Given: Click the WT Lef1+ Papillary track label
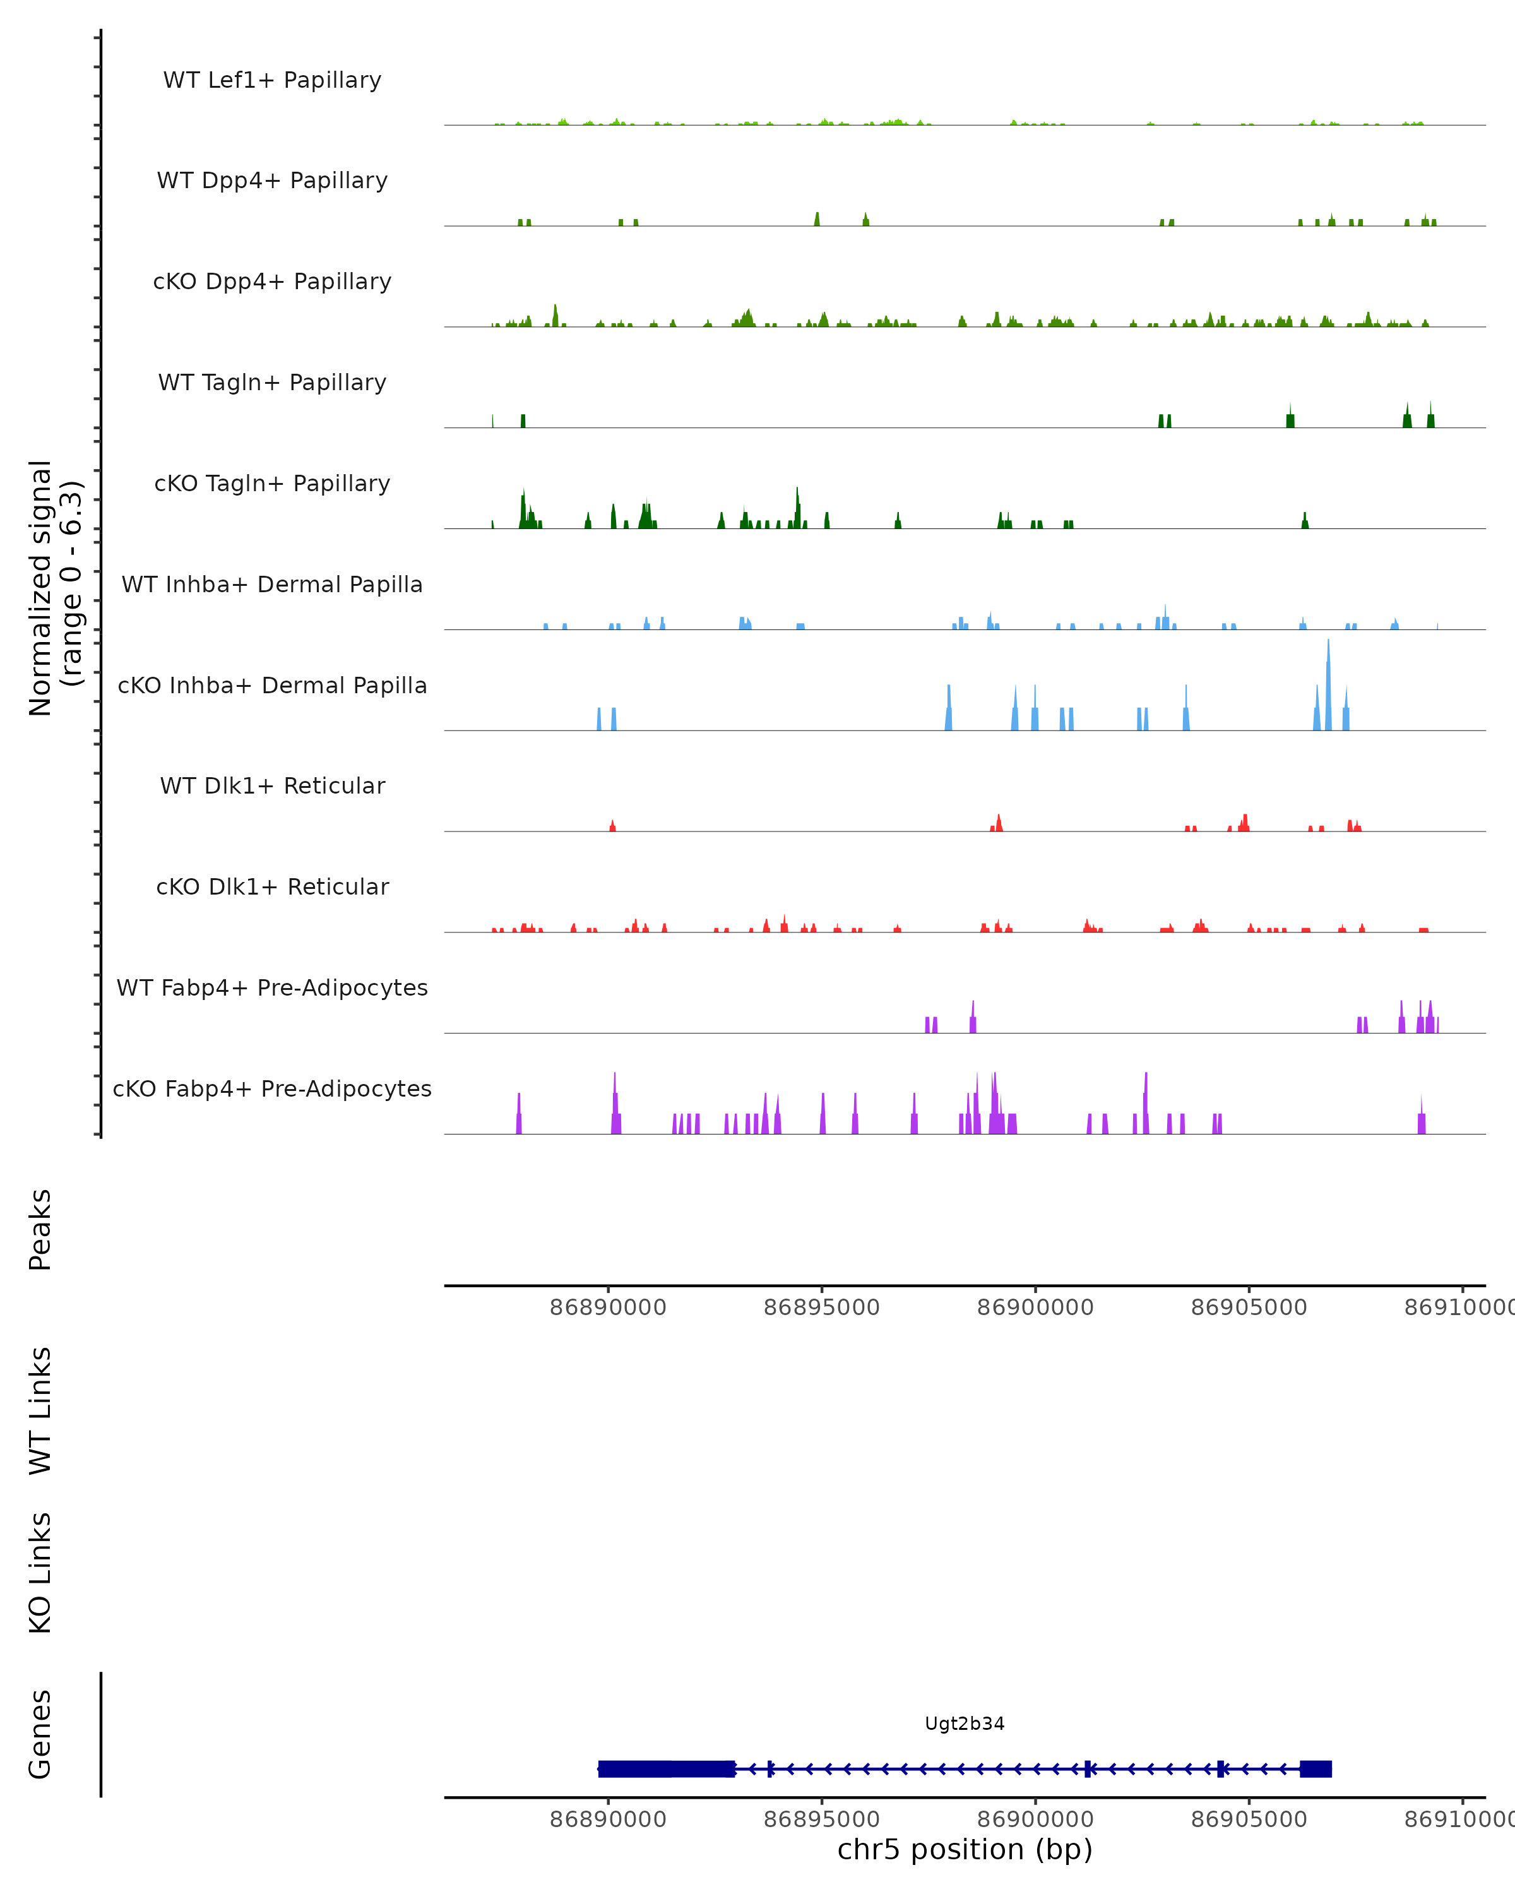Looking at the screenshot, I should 272,80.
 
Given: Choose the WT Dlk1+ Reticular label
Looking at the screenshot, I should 272,785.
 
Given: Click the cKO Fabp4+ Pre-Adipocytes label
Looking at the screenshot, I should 272,1088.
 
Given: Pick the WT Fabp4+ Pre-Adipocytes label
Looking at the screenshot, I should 272,987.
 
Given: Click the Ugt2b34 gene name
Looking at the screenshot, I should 965,1724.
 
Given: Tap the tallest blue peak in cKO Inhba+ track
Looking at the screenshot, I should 1328,685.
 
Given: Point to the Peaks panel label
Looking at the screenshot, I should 40,1229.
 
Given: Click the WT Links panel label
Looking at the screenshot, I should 40,1410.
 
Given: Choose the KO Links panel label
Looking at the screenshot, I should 40,1573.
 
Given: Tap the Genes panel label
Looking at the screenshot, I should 40,1734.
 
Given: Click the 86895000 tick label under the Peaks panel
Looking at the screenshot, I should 821,1307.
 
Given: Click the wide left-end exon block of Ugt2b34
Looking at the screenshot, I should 666,1768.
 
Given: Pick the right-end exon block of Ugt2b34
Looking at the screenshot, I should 1315,1768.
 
